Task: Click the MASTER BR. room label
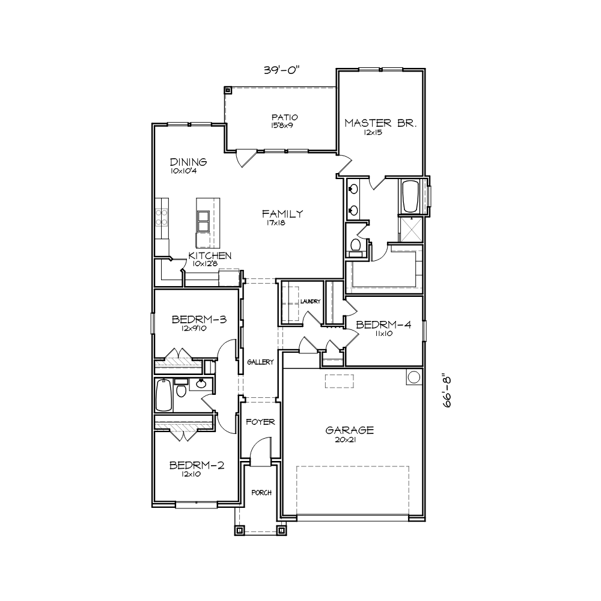(x=380, y=123)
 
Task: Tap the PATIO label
(x=284, y=117)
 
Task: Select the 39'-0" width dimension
(x=281, y=70)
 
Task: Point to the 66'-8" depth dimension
(x=447, y=392)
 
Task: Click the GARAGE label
(x=350, y=430)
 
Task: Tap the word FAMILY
(x=282, y=213)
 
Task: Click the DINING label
(x=188, y=162)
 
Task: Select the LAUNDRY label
(x=310, y=302)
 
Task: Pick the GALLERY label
(x=260, y=362)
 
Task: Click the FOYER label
(x=260, y=422)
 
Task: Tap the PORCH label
(x=261, y=493)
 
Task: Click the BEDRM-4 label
(x=383, y=325)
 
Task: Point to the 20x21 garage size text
(x=346, y=440)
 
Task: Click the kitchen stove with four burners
(x=161, y=217)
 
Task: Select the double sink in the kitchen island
(x=203, y=221)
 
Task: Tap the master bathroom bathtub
(x=410, y=196)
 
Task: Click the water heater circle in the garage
(x=414, y=377)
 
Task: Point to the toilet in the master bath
(x=356, y=246)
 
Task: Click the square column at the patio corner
(x=228, y=91)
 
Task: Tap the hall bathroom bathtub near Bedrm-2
(x=164, y=395)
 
